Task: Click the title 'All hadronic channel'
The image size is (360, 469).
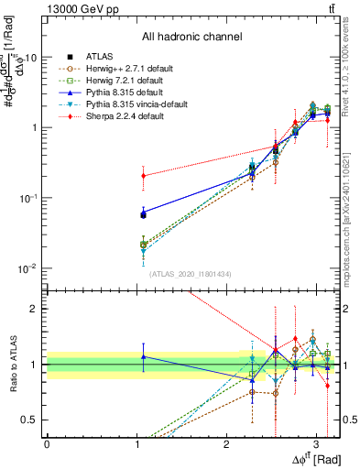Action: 191,38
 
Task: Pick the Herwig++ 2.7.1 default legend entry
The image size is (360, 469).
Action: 128,68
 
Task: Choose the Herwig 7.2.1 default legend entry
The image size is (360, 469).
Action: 124,81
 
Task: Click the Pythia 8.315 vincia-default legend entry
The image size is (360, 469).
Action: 135,105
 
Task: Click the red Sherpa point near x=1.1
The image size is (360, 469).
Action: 143,176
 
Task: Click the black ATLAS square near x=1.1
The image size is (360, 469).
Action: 143,214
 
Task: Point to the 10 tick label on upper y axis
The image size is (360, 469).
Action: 31,57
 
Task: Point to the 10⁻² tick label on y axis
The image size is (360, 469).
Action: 28,267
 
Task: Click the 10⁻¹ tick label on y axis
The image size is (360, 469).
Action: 28,197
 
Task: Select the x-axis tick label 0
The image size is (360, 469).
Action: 47,443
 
